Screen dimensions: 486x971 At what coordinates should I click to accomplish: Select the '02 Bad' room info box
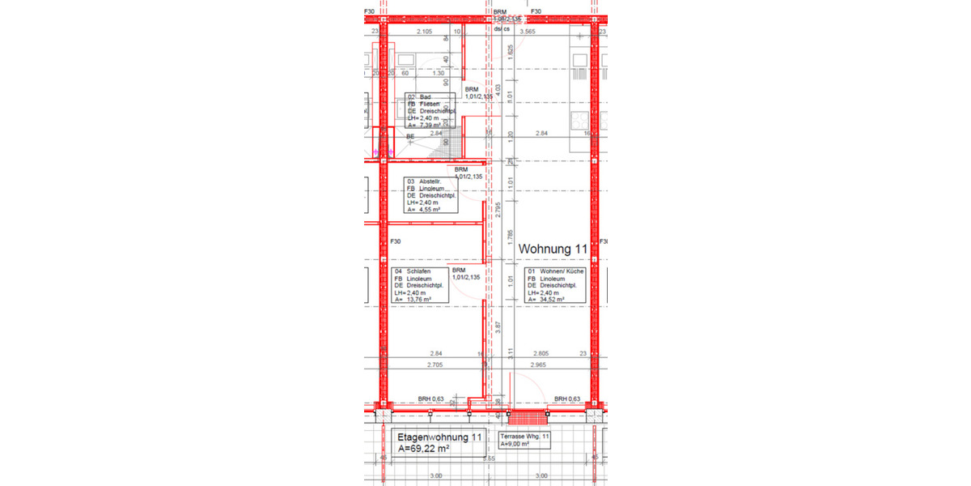tap(430, 111)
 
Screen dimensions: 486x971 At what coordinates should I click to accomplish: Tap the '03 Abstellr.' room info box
tap(430, 195)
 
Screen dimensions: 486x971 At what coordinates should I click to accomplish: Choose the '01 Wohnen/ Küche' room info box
tap(554, 285)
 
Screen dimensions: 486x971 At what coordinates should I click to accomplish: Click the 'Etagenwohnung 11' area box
tap(439, 441)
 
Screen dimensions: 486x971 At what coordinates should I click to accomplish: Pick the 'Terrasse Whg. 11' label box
tap(525, 440)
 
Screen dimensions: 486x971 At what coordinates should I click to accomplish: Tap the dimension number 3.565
tap(528, 32)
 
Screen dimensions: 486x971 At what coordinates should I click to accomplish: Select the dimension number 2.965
tap(541, 365)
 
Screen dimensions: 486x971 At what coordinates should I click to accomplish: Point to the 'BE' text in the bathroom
tap(410, 137)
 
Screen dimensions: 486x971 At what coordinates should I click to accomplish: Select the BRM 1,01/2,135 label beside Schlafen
tap(465, 274)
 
